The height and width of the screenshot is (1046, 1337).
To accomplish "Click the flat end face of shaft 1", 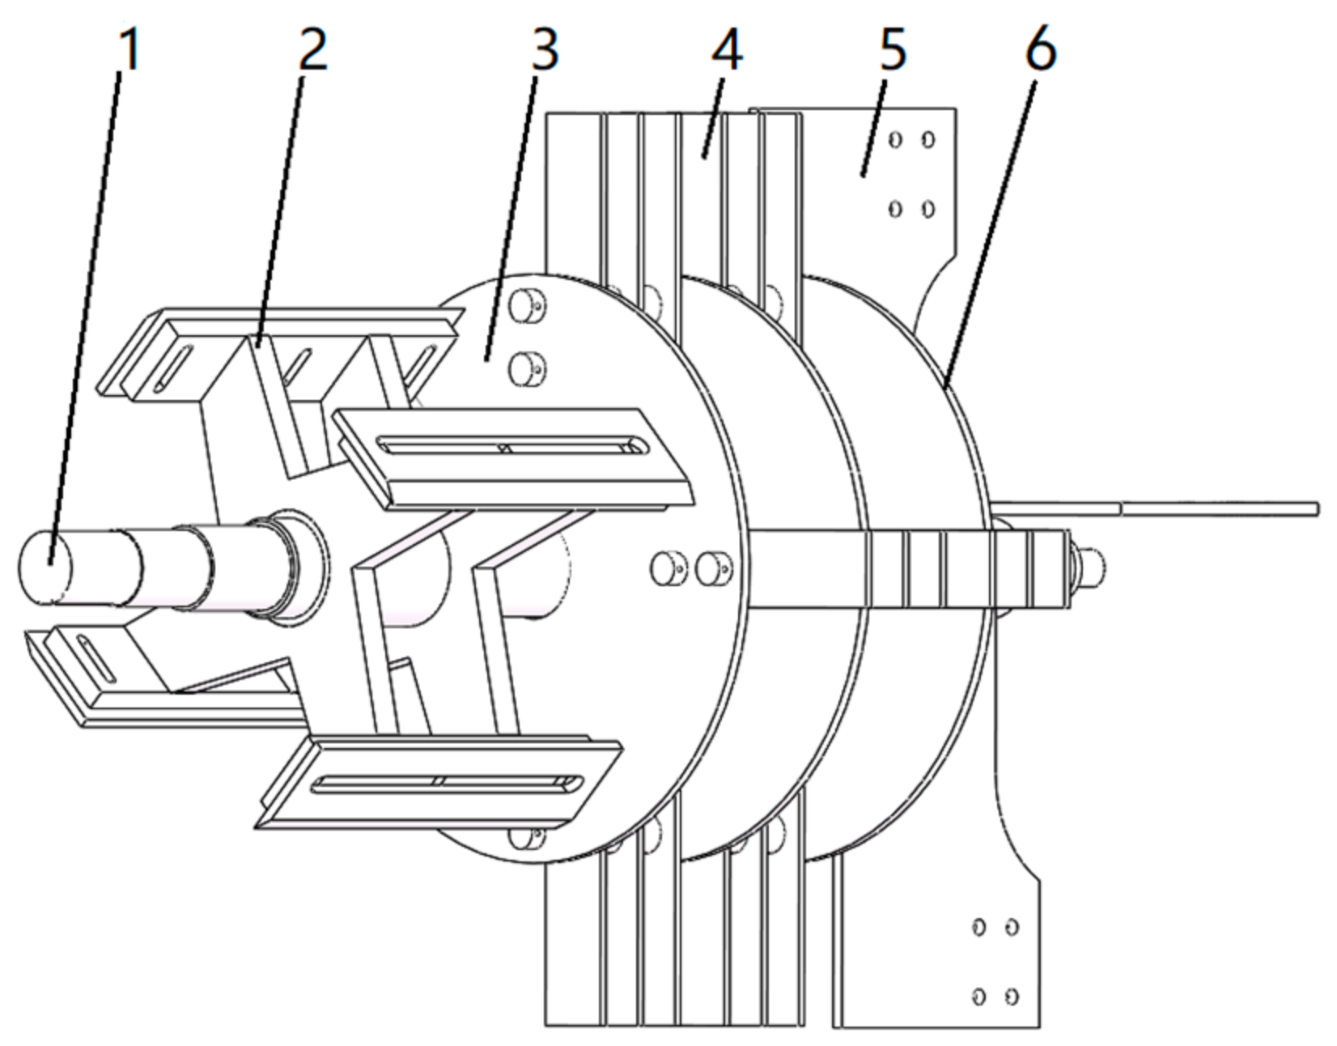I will point(45,566).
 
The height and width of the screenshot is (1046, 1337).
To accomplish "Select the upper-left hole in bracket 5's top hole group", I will point(895,140).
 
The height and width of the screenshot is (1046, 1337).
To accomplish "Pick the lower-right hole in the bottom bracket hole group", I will point(1012,995).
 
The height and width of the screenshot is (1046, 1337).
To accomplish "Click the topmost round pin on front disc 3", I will point(528,305).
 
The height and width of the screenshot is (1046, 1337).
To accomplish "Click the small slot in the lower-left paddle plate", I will point(96,658).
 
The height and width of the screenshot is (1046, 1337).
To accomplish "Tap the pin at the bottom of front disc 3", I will point(528,838).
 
